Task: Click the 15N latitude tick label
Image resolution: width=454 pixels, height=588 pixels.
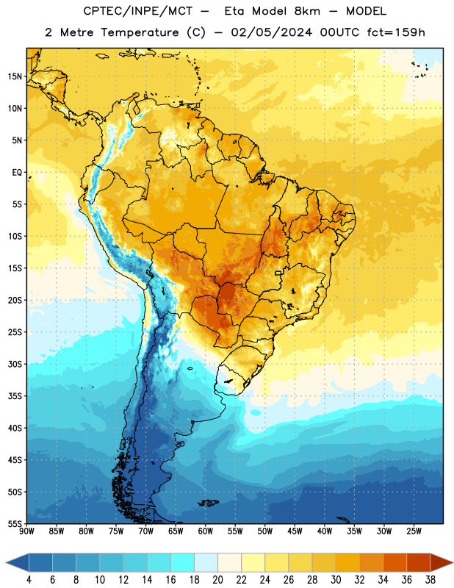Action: (15, 76)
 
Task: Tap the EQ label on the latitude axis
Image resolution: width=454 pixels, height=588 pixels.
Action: (17, 173)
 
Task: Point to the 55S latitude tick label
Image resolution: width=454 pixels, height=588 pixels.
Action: (15, 524)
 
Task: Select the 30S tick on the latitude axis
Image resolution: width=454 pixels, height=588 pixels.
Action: (15, 364)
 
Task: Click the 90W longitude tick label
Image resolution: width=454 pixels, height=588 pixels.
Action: (26, 531)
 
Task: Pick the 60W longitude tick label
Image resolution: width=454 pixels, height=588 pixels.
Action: (206, 531)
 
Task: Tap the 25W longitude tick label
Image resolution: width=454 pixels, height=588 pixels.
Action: (414, 531)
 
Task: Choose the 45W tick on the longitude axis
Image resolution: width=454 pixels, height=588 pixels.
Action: (295, 531)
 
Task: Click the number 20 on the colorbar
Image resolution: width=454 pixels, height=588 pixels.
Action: (217, 580)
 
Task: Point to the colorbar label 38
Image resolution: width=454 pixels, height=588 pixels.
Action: (430, 580)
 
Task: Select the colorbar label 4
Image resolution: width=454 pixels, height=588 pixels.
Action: (29, 580)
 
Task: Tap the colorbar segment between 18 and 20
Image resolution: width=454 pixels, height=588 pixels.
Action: (206, 562)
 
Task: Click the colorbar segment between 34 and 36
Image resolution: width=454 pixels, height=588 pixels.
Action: (394, 562)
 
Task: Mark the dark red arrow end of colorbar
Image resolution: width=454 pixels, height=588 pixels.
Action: (441, 562)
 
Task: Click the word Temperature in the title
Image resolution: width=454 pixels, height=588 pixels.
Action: (140, 32)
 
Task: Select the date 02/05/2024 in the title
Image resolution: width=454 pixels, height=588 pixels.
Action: (271, 32)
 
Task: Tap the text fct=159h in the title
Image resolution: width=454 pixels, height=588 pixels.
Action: (396, 32)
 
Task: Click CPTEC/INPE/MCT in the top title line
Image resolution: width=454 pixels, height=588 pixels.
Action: (137, 11)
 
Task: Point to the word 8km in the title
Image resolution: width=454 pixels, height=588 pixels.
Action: (307, 11)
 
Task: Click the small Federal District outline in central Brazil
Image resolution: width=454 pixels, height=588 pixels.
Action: (278, 273)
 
